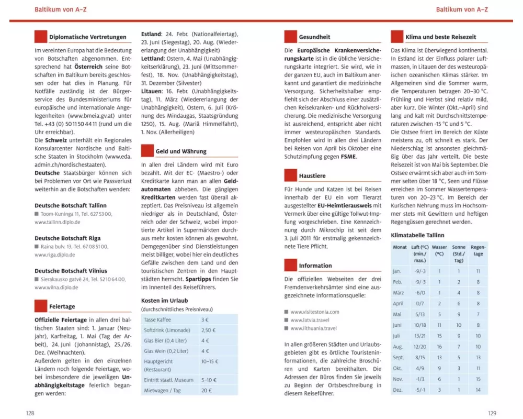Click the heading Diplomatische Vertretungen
coord(88,37)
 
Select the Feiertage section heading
coord(62,306)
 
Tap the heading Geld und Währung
coord(181,151)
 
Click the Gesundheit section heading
coord(314,37)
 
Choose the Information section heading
coord(315,266)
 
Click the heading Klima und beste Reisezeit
coord(440,37)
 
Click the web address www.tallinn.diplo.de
coord(56,222)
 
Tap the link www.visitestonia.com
coord(315,312)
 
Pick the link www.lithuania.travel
coord(314,328)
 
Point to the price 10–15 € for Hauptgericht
coord(210,361)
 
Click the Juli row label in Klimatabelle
coord(398,336)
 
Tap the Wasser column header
coord(439,247)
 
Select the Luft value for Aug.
coord(420,347)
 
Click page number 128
coord(30,413)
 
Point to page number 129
coord(492,413)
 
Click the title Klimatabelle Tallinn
coord(417,236)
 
